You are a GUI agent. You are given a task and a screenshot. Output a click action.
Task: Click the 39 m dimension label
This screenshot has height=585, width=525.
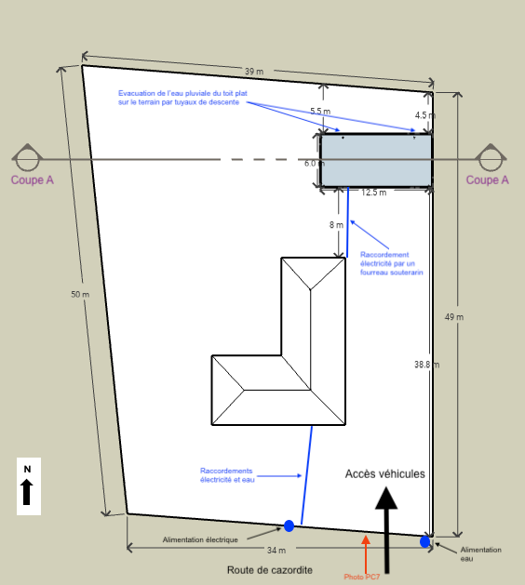click(x=254, y=72)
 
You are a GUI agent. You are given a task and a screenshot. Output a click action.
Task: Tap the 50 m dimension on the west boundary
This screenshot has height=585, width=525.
click(x=80, y=295)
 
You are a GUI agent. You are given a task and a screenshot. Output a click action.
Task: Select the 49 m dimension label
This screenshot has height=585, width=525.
click(x=454, y=317)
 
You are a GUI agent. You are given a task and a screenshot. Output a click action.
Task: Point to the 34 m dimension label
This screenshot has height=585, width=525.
click(x=276, y=551)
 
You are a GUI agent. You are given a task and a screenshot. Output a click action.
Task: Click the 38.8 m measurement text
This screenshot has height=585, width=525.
click(x=427, y=365)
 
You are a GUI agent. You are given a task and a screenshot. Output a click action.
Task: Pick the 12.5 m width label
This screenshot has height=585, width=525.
click(x=374, y=193)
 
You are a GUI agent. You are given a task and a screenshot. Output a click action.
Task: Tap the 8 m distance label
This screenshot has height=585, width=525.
click(x=336, y=225)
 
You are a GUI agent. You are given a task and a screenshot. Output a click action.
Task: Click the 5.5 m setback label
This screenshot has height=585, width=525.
click(x=320, y=112)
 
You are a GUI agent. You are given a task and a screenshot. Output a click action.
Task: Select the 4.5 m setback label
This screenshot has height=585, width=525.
click(x=425, y=115)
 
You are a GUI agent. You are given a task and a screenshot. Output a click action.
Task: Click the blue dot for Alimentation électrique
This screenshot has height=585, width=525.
click(x=289, y=526)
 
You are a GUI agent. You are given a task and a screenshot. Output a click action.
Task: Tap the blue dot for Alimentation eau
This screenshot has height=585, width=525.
click(x=424, y=541)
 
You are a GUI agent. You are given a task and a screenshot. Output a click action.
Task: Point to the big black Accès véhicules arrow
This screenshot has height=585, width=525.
click(x=386, y=530)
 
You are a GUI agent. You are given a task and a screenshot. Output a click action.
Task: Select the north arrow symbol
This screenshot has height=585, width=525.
click(x=26, y=492)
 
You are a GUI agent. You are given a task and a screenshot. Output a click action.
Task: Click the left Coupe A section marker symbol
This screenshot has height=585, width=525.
click(x=27, y=157)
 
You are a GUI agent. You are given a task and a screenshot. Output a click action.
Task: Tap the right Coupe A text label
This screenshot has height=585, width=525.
click(x=487, y=180)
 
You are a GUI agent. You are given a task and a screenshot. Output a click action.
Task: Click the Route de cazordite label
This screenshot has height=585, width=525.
click(x=270, y=570)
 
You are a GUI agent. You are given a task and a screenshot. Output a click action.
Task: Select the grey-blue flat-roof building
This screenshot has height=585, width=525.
click(x=376, y=160)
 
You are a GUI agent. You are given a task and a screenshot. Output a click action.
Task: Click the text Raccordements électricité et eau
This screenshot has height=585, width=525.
click(x=227, y=475)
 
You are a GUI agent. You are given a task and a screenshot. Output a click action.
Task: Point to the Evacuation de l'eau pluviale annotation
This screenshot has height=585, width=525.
click(x=182, y=98)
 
